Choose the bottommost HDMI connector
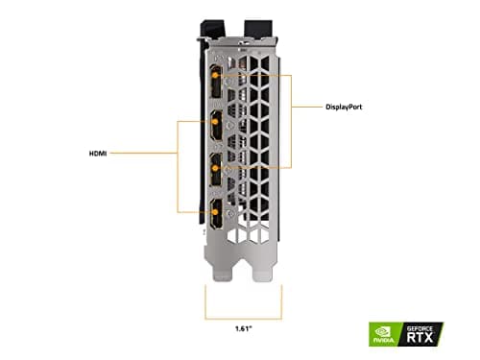click(215, 213)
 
